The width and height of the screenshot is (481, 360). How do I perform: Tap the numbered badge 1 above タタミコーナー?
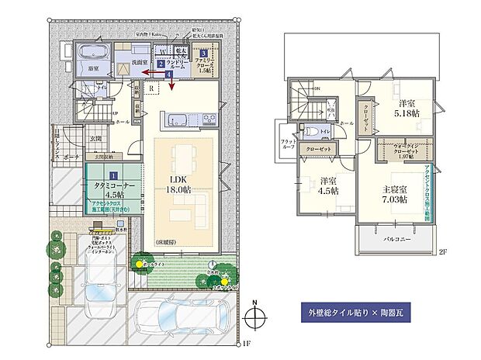point(113,177)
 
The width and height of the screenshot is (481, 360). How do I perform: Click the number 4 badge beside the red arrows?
point(171,74)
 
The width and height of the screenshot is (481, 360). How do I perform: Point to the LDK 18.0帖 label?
point(180,183)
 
